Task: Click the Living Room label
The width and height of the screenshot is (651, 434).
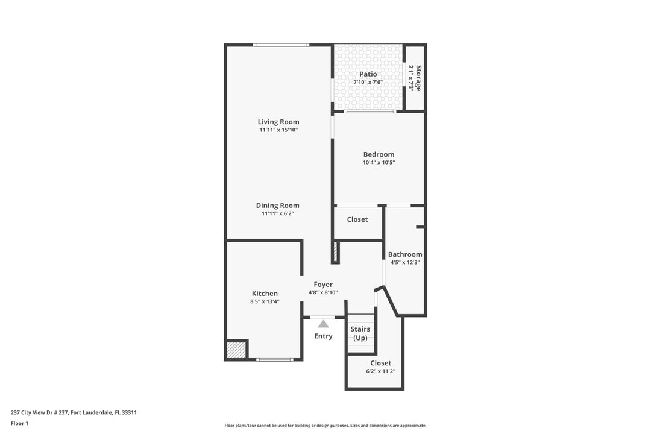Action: (x=278, y=122)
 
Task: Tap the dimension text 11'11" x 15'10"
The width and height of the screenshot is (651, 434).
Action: (x=278, y=130)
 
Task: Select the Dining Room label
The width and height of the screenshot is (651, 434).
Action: (x=277, y=205)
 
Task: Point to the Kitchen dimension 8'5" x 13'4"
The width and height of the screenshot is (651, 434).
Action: (x=265, y=301)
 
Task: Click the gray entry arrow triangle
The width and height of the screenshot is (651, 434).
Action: (x=324, y=324)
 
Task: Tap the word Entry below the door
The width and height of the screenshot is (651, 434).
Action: (x=324, y=336)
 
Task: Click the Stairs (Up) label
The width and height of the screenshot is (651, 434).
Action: (x=360, y=333)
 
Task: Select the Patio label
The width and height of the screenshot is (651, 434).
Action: (x=368, y=74)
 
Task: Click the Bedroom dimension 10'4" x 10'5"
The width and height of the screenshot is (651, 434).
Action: (x=379, y=162)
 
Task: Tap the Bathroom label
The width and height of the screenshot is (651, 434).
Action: (x=405, y=254)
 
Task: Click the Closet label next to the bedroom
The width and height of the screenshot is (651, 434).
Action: (x=357, y=219)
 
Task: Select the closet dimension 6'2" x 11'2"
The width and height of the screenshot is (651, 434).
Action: (x=380, y=371)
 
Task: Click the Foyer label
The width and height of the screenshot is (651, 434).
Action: (x=323, y=285)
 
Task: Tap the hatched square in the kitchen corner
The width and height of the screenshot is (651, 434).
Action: (x=236, y=350)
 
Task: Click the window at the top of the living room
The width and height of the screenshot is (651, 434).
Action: (x=281, y=45)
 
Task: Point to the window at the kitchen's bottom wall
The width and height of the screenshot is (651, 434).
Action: (x=274, y=360)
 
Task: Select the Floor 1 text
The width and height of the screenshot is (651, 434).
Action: (x=19, y=423)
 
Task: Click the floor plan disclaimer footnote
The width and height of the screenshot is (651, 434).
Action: (x=325, y=425)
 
